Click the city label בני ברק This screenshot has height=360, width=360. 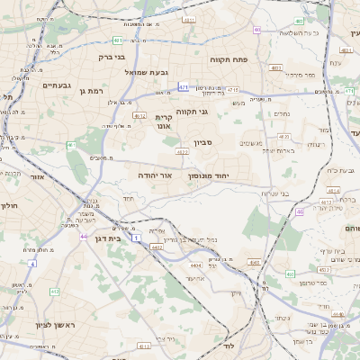112,55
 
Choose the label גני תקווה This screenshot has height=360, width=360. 192,112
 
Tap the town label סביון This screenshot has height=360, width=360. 202,143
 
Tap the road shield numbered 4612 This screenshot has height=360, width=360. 139,115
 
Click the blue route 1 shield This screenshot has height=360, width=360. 135,238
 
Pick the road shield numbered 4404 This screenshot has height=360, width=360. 196,265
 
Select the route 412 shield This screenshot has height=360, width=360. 55,291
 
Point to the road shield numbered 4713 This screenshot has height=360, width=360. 233,90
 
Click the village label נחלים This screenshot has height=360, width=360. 282,113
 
